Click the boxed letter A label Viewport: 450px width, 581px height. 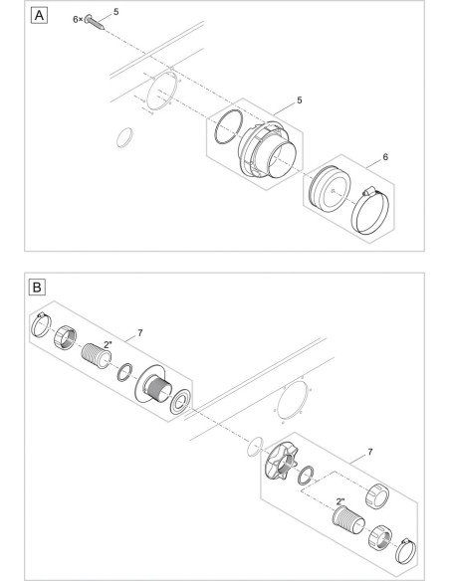point(39,16)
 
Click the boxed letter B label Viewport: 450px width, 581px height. point(37,288)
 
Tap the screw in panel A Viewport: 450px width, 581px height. point(95,22)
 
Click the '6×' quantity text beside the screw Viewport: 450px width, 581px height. point(78,19)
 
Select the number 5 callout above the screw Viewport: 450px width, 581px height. point(116,12)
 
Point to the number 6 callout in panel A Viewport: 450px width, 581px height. point(385,157)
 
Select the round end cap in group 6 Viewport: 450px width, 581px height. point(330,188)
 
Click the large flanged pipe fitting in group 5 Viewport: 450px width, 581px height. point(267,149)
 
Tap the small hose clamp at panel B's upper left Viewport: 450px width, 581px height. point(41,324)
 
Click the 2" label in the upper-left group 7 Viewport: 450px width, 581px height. point(108,344)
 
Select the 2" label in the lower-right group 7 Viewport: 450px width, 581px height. point(340,501)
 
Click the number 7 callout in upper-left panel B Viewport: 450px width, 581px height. point(139,333)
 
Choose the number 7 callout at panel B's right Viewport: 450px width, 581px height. point(370,452)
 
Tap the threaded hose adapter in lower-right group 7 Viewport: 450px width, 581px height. point(348,521)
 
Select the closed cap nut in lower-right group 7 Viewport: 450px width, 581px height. point(377,495)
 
